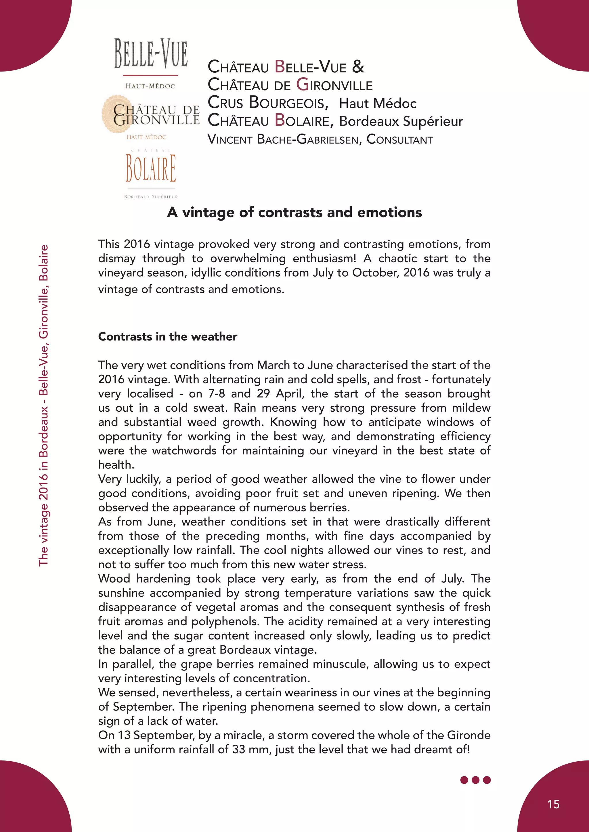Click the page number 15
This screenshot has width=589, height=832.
553,804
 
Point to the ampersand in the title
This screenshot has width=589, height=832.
358,66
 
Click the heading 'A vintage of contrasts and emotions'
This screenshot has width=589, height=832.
294,212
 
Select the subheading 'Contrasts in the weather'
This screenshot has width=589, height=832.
168,337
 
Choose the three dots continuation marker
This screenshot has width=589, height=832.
475,780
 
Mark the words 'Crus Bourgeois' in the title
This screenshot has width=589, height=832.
268,103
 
